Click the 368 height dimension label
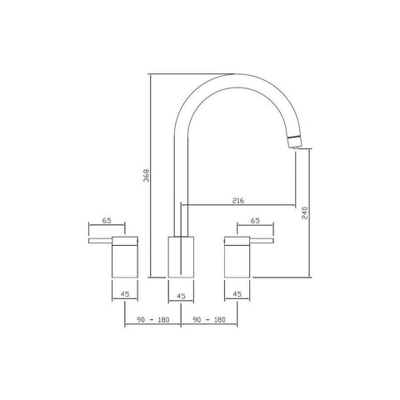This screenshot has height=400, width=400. (147, 175)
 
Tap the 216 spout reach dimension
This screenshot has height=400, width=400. (238, 200)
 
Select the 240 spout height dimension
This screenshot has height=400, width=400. (305, 212)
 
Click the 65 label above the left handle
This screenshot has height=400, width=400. (107, 221)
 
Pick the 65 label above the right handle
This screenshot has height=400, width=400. (255, 221)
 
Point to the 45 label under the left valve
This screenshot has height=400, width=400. (125, 293)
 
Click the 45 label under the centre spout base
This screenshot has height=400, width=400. (181, 296)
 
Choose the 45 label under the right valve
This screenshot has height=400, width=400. (237, 293)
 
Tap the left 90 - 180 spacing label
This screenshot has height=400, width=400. (152, 320)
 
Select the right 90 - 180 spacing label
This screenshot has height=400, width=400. (209, 320)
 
